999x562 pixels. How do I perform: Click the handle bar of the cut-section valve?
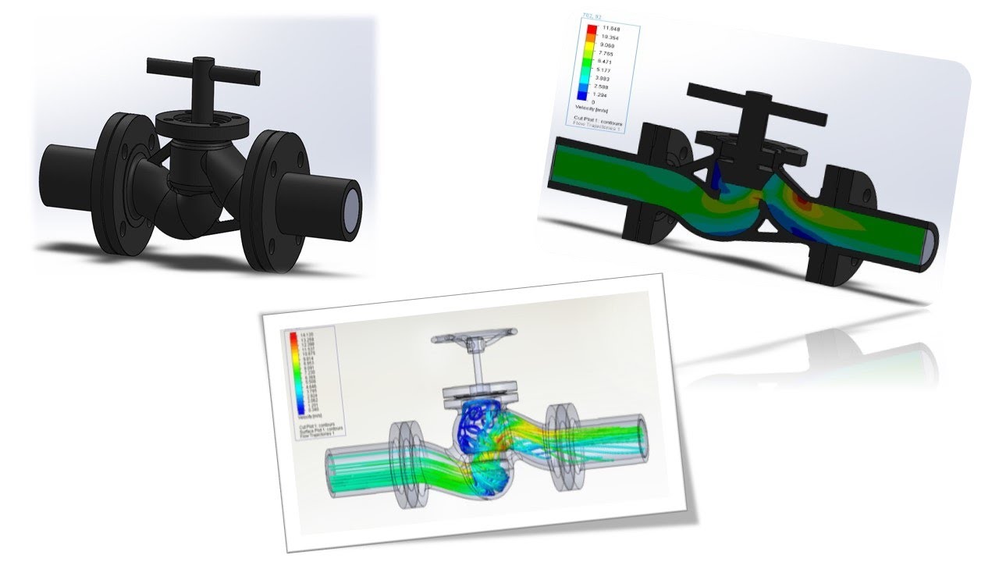pyautogui.click(x=755, y=105)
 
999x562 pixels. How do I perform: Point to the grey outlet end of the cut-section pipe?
pyautogui.click(x=930, y=244)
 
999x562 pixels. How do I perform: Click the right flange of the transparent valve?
pyautogui.click(x=560, y=446)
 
